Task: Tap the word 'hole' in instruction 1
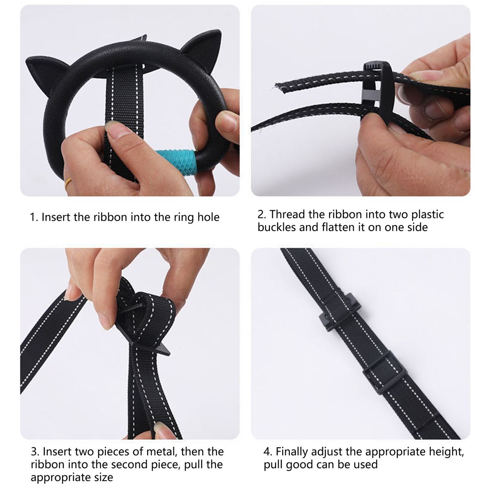tap(208, 217)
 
